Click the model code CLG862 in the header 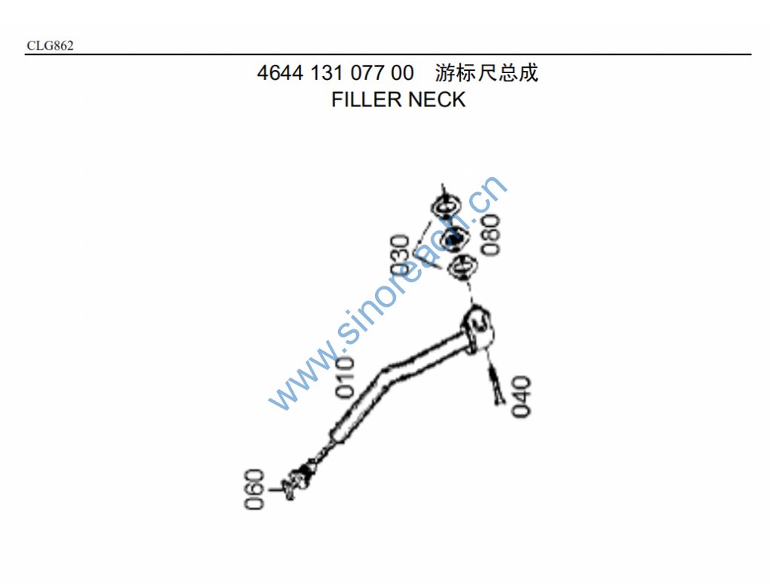[50, 46]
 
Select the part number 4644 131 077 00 [335, 73]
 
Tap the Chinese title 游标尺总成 [487, 73]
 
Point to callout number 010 [345, 377]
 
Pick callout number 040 [521, 396]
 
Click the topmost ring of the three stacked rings [446, 205]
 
